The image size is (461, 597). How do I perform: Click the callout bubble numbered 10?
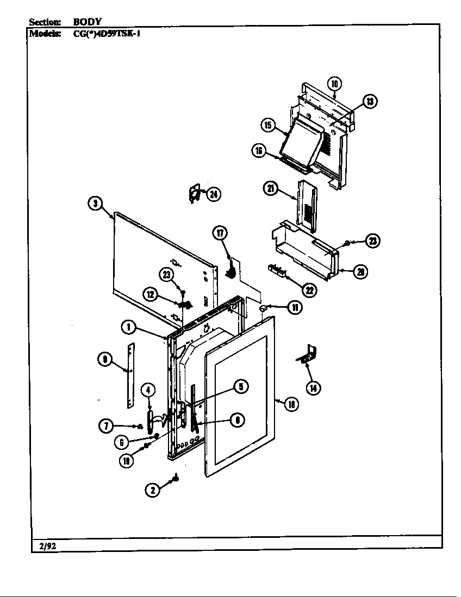tap(334, 84)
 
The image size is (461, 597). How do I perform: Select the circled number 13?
tap(370, 101)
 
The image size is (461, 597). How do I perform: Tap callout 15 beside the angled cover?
tap(268, 125)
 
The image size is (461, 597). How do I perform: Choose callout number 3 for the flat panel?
tap(95, 204)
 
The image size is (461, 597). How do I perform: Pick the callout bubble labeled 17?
tap(220, 233)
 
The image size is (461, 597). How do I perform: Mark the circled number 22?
tap(309, 290)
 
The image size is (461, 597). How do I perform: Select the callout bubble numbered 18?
tap(292, 403)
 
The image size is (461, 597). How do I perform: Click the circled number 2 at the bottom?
tap(153, 490)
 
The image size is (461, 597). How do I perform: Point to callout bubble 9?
tap(105, 359)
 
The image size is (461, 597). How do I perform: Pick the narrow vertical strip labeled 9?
tap(130, 375)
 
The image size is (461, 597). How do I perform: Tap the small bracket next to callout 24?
tap(194, 193)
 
